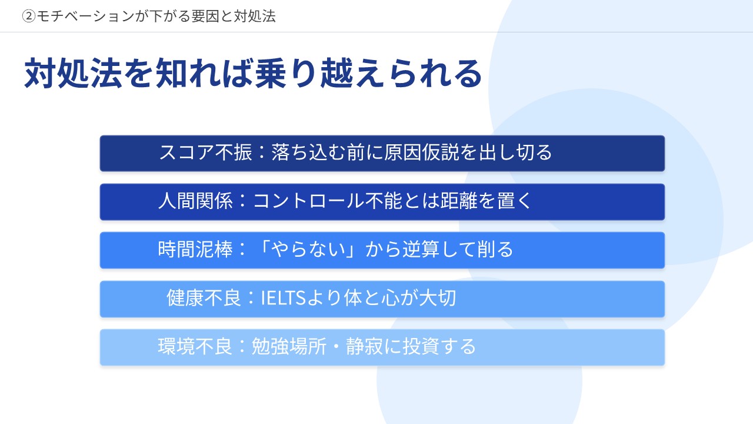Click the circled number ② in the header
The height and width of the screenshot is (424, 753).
pos(29,16)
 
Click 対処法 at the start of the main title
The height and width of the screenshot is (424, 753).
pos(72,73)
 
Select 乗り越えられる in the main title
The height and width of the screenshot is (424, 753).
pos(368,73)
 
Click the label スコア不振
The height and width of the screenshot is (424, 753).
pos(205,152)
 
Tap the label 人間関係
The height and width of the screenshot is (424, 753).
pos(196,201)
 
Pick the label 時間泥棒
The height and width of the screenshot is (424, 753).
pos(196,249)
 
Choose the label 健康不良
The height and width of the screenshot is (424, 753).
pos(204,298)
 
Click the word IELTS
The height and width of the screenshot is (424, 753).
pos(283,298)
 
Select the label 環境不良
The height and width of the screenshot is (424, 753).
pos(195,346)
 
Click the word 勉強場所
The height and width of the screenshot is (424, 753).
pos(289,346)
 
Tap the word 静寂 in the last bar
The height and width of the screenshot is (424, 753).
pos(364,346)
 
